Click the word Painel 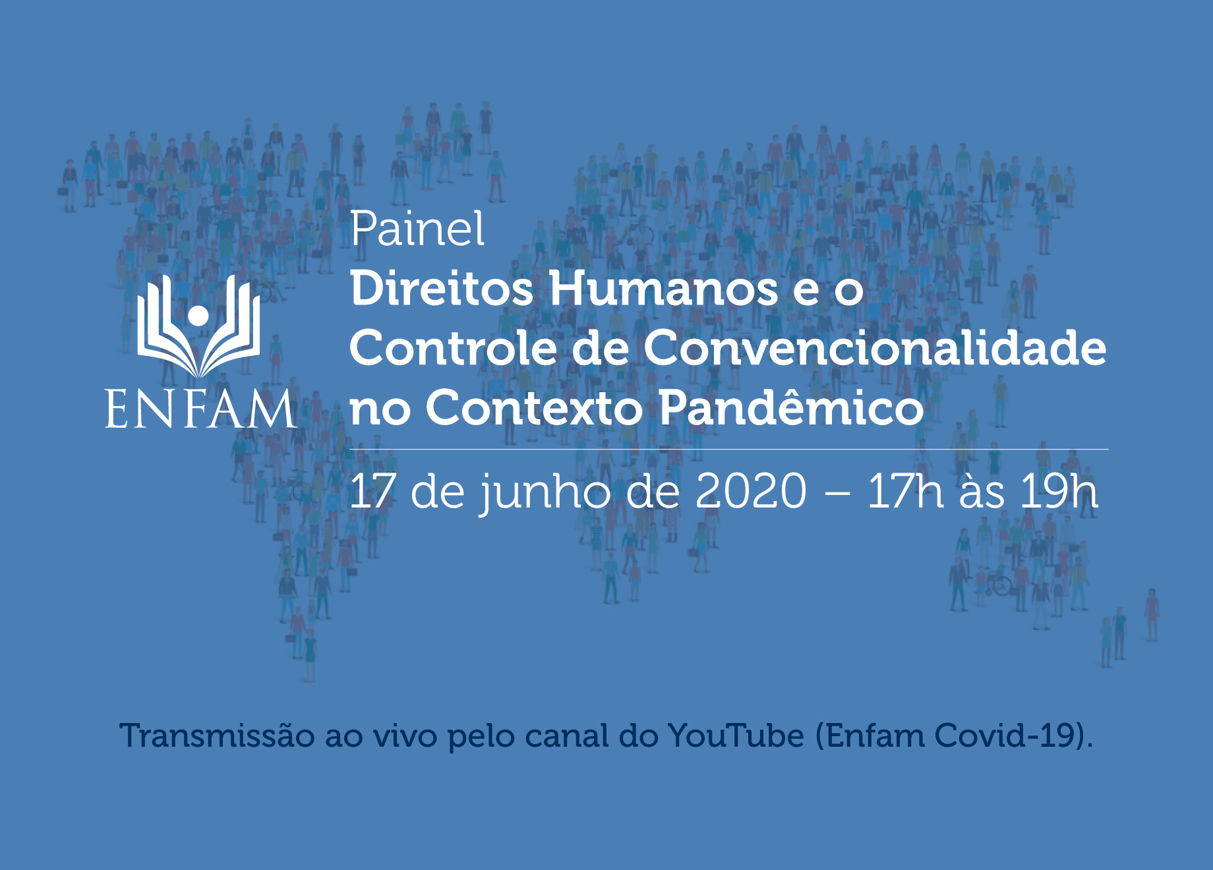[417, 229]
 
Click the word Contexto [534, 408]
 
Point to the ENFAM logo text [200, 409]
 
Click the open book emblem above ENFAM [198, 326]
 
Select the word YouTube [736, 736]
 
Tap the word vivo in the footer [405, 736]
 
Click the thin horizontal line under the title [729, 449]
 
